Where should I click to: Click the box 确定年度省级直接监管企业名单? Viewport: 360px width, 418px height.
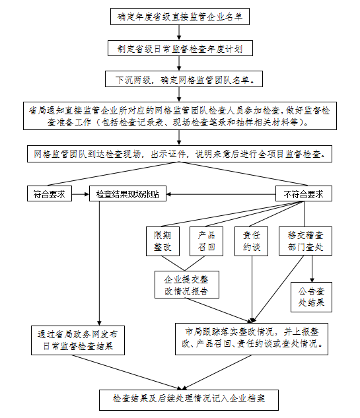point(180,17)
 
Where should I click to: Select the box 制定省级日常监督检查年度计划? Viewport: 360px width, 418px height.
point(180,49)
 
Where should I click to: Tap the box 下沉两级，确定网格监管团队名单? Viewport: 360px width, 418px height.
point(180,79)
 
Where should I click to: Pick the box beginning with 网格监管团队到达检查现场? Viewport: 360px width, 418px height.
point(180,154)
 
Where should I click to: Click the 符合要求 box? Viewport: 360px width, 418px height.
point(50,194)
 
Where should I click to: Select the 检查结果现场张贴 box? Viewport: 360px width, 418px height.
point(128,194)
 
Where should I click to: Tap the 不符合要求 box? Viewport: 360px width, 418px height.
point(303,194)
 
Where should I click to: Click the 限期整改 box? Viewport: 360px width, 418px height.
point(162,242)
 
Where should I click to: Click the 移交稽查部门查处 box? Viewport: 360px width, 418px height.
point(305,242)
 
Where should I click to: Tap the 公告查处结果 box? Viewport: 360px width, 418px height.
point(311,296)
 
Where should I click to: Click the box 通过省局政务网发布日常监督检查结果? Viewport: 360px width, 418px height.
point(77,340)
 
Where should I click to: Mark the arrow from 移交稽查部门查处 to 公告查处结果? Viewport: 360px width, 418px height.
point(311,269)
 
